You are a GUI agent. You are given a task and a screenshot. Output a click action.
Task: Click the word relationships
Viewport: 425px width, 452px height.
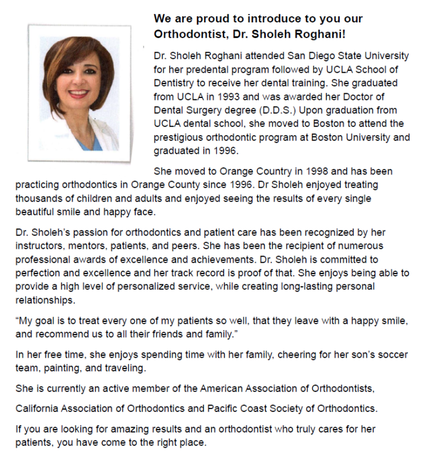(44, 300)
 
